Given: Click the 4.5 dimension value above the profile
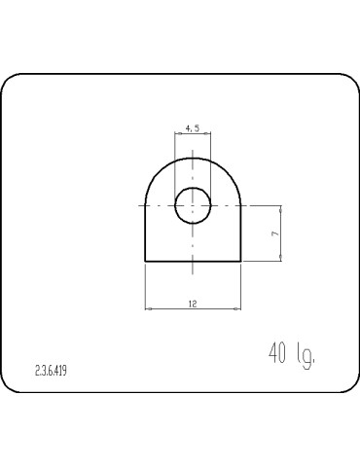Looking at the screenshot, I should (193, 127).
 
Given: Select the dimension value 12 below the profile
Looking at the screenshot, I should (193, 304).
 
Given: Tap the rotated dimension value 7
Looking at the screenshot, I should (275, 234).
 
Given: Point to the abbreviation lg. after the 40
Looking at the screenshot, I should (306, 355).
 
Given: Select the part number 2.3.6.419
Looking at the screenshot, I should (52, 371).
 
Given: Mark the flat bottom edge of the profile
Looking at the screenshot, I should (193, 262).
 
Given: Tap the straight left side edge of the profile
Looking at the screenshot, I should (145, 233).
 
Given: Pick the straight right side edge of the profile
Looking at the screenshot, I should (240, 233).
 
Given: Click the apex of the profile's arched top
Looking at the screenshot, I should (193, 158).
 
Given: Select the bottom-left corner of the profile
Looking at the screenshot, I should (145, 262).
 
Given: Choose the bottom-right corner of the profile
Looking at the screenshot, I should (240, 262).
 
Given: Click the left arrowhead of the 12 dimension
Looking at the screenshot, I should (148, 309).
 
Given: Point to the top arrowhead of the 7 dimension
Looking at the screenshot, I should (281, 208).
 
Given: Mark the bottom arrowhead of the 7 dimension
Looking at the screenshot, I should (281, 259).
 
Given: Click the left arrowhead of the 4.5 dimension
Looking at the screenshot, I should (176, 134).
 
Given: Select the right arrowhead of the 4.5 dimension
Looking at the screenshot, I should (209, 134).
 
